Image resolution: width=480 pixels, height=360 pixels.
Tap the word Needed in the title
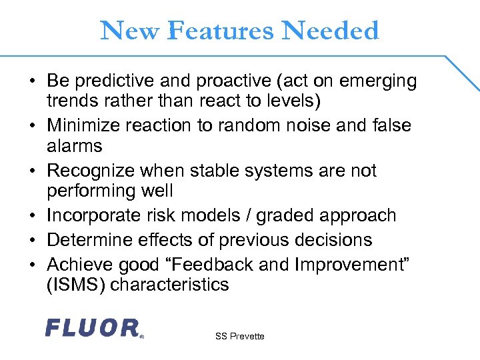(x=331, y=31)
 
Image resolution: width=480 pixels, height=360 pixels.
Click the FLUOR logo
(x=93, y=327)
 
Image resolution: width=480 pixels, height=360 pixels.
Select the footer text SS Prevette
(x=239, y=337)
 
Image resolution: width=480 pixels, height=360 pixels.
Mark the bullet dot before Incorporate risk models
(x=33, y=216)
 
